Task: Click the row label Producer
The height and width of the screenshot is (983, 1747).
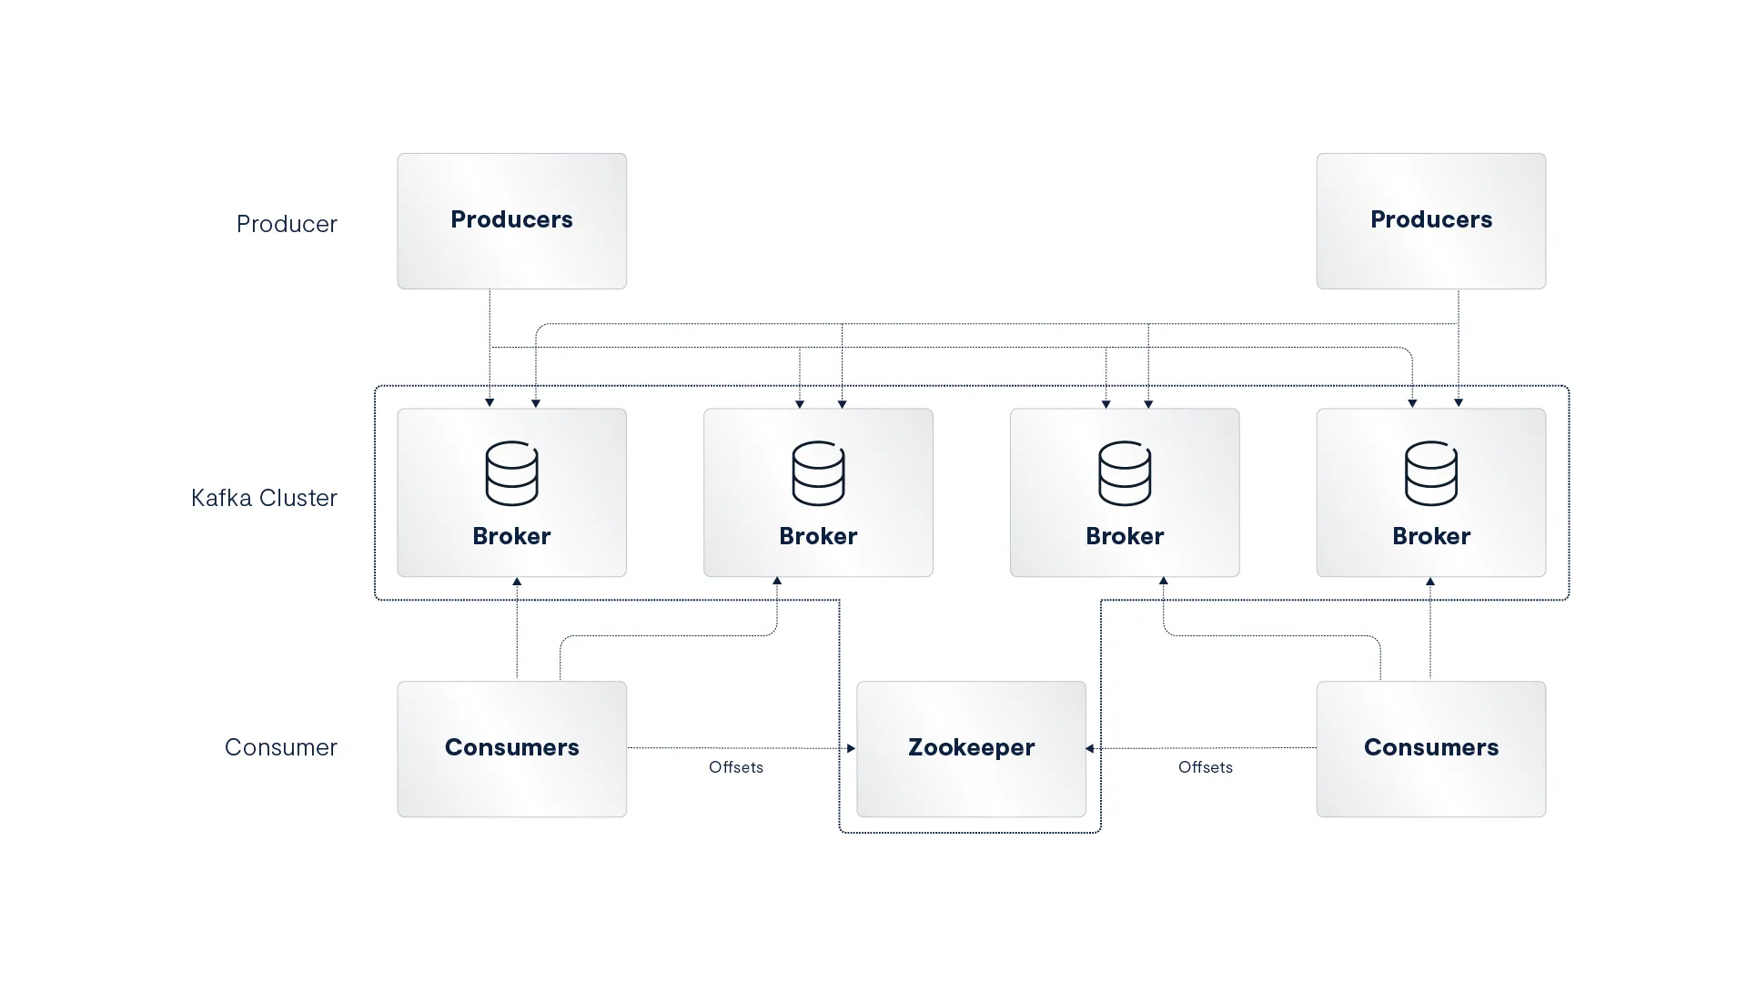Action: pos(287,224)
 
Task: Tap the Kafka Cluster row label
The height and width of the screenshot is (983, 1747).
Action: pos(264,498)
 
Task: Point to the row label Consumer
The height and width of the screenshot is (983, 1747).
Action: pos(280,747)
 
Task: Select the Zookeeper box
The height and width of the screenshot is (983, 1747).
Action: pos(971,749)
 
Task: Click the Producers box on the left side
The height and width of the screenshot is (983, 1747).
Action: pos(511,221)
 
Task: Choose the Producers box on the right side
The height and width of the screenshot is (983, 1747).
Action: pos(1430,221)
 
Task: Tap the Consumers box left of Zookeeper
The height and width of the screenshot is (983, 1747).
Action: pos(511,749)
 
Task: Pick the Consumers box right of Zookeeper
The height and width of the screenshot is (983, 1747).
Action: pos(1430,749)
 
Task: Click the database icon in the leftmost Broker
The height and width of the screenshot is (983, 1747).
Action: pos(511,473)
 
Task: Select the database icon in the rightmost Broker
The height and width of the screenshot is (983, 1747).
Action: pos(1430,473)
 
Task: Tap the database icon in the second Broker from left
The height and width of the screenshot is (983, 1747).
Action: pos(818,473)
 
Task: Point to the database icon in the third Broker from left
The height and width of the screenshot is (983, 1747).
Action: pos(1125,473)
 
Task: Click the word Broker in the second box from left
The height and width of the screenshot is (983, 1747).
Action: pos(818,536)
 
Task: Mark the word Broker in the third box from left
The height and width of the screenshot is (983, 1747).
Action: pos(1125,536)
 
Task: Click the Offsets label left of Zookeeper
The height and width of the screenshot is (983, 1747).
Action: pos(736,767)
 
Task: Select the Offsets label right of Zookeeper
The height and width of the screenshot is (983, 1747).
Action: pos(1206,767)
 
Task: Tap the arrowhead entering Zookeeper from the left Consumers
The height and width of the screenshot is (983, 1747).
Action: pos(852,748)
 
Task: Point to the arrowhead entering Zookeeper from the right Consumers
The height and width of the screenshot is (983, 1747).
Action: pos(1089,748)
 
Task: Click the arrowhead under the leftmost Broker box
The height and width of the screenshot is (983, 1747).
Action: pos(517,581)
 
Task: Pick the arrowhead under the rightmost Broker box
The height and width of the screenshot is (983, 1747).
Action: pos(1430,581)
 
